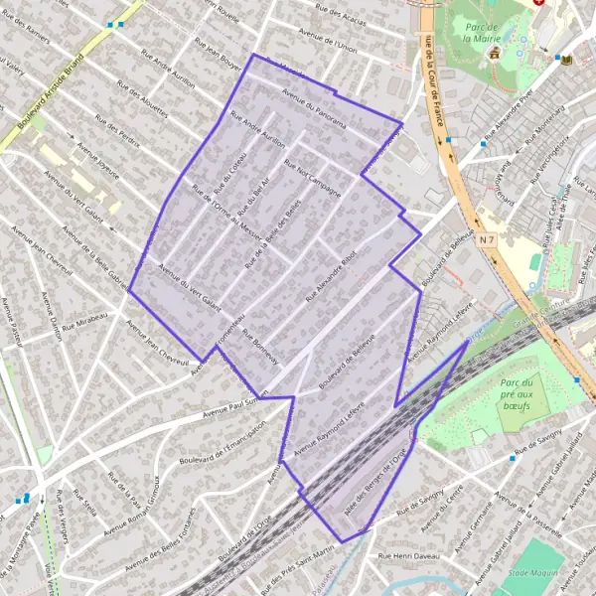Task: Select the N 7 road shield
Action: (x=486, y=239)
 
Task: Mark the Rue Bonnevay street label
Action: (x=260, y=346)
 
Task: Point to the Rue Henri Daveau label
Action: (x=408, y=557)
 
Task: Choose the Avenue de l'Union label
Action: (x=330, y=46)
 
